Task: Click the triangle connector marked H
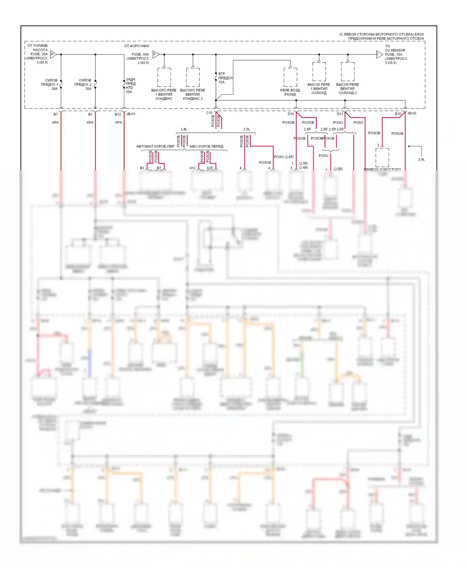click(x=53, y=54)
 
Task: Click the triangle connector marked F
click(x=155, y=54)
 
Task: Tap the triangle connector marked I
click(x=379, y=55)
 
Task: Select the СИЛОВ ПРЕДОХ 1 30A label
click(x=50, y=85)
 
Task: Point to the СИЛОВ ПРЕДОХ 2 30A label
click(x=83, y=85)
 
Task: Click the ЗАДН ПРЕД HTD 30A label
click(x=130, y=85)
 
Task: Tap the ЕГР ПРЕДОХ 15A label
click(x=225, y=78)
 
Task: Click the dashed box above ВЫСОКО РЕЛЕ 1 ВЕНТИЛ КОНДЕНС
click(x=164, y=77)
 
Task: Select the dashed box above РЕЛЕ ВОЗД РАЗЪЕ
click(x=290, y=77)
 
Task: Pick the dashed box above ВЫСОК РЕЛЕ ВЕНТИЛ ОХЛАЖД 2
click(x=348, y=71)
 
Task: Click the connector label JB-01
click(x=131, y=114)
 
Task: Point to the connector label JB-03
click(x=412, y=113)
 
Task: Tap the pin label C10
click(x=209, y=113)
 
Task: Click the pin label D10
click(x=290, y=114)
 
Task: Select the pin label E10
click(x=398, y=114)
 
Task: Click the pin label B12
click(x=118, y=114)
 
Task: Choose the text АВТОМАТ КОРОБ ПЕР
click(x=155, y=146)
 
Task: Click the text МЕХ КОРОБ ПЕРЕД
click(x=206, y=146)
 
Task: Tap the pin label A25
click(x=210, y=168)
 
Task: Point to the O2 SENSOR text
click(x=395, y=50)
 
